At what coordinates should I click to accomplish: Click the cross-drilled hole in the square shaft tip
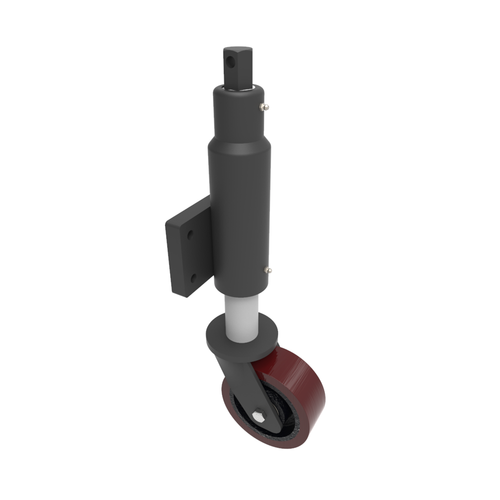229,62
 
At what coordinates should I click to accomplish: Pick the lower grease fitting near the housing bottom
269,270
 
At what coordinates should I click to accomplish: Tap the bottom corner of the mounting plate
185,295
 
